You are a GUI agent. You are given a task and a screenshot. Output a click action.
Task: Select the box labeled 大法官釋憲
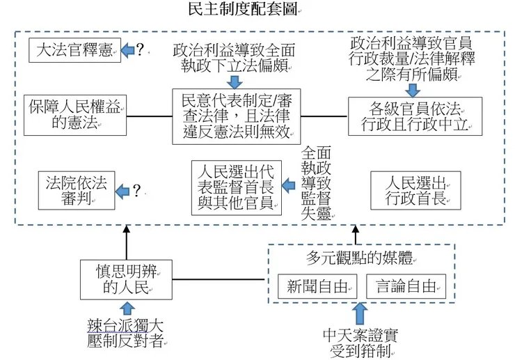tap(74, 49)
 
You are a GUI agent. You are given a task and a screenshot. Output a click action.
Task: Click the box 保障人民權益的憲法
tap(74, 114)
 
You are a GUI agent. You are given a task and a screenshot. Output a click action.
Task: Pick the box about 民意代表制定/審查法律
tap(237, 116)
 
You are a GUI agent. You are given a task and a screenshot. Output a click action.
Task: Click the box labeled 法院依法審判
tap(75, 190)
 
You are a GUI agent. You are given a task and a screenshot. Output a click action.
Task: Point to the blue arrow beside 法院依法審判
tap(122, 190)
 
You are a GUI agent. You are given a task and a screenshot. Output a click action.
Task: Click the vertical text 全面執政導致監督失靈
tap(317, 182)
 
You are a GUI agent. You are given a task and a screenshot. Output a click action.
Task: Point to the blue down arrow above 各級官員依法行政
tap(414, 89)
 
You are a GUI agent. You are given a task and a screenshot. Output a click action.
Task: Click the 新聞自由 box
tap(312, 286)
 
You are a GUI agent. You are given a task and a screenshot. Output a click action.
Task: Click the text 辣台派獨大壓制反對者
tap(126, 332)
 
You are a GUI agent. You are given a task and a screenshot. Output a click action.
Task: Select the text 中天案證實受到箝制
tap(359, 341)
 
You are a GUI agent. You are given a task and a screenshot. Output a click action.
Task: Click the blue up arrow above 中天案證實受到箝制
tap(359, 313)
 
